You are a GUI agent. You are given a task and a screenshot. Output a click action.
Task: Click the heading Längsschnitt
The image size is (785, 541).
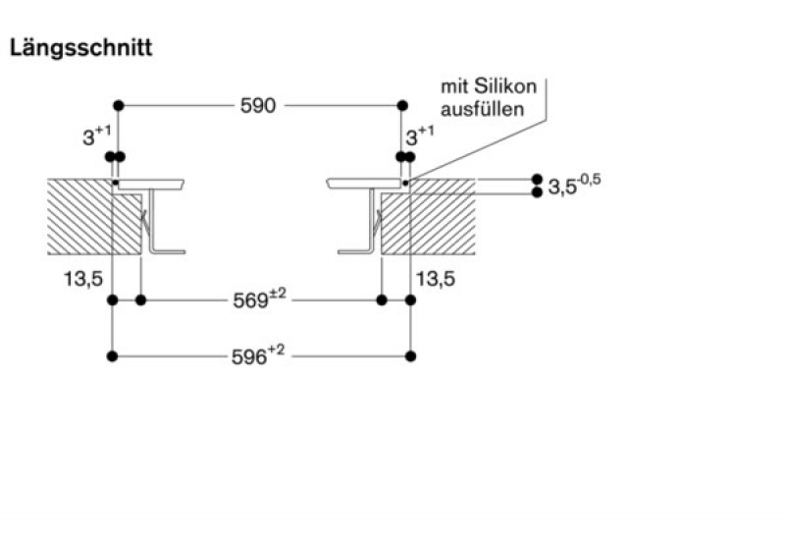click(x=80, y=48)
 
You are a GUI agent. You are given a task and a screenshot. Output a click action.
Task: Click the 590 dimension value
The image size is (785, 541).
click(x=258, y=106)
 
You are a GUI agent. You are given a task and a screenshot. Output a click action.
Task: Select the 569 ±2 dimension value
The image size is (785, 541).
click(x=259, y=299)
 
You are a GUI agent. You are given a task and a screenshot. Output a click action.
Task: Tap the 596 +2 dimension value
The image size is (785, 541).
click(x=258, y=355)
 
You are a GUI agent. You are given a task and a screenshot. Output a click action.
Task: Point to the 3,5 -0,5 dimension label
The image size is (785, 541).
click(x=574, y=185)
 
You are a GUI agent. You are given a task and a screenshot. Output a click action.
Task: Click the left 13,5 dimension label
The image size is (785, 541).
click(x=83, y=279)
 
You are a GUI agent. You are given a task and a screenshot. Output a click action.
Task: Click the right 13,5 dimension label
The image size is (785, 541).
click(x=436, y=279)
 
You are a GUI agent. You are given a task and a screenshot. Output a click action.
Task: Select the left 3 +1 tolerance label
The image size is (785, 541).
click(x=96, y=135)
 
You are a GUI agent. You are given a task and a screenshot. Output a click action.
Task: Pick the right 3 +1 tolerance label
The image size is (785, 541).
click(x=420, y=135)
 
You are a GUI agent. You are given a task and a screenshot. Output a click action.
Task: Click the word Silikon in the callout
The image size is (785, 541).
click(x=504, y=86)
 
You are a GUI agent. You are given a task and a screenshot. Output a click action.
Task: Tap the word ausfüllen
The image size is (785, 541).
click(x=482, y=109)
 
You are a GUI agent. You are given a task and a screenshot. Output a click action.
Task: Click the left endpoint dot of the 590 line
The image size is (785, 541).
click(x=119, y=106)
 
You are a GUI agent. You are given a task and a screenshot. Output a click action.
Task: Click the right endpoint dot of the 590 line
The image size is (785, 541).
click(x=402, y=106)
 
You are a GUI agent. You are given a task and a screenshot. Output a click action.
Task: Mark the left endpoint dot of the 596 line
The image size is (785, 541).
click(x=113, y=356)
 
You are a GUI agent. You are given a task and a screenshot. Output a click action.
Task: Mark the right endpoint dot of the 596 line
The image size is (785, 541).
click(x=410, y=356)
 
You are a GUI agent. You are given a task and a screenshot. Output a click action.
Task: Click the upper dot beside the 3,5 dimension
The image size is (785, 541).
click(x=537, y=179)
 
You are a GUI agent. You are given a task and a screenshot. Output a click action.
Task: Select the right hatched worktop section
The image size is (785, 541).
click(x=428, y=216)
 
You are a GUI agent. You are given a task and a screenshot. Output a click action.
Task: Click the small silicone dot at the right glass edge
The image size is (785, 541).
click(x=405, y=183)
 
